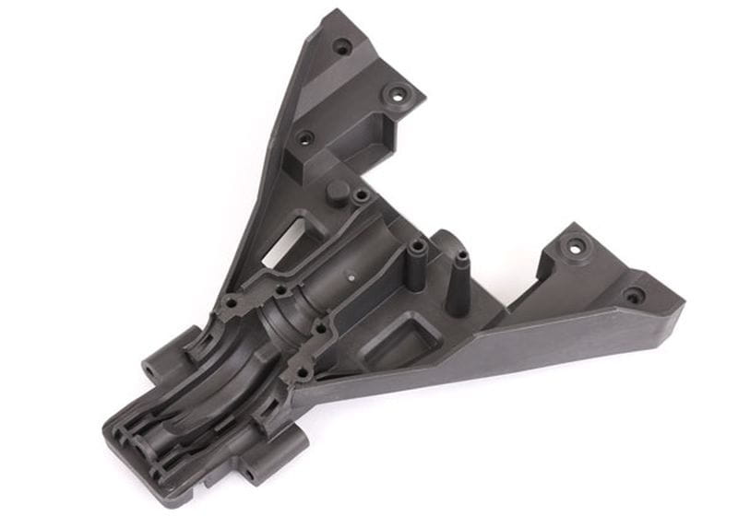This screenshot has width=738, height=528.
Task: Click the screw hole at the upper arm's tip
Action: click(x=342, y=45)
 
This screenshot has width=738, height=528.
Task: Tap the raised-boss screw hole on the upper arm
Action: click(x=398, y=94)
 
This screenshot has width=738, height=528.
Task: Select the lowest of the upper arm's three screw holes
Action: click(x=304, y=138)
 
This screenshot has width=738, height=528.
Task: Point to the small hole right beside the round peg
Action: click(x=361, y=195)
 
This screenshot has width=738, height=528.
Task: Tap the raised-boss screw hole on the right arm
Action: click(x=576, y=247)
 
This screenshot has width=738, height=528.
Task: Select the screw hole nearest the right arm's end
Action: click(x=634, y=297)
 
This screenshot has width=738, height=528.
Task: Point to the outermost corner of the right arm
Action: click(x=683, y=305)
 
